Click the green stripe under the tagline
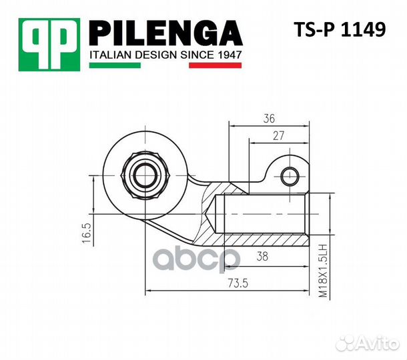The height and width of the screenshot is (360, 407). click(114, 66)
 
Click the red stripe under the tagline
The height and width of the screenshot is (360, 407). click(215, 66)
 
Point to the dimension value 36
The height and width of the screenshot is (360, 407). click(269, 119)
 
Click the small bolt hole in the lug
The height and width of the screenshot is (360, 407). click(290, 177)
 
